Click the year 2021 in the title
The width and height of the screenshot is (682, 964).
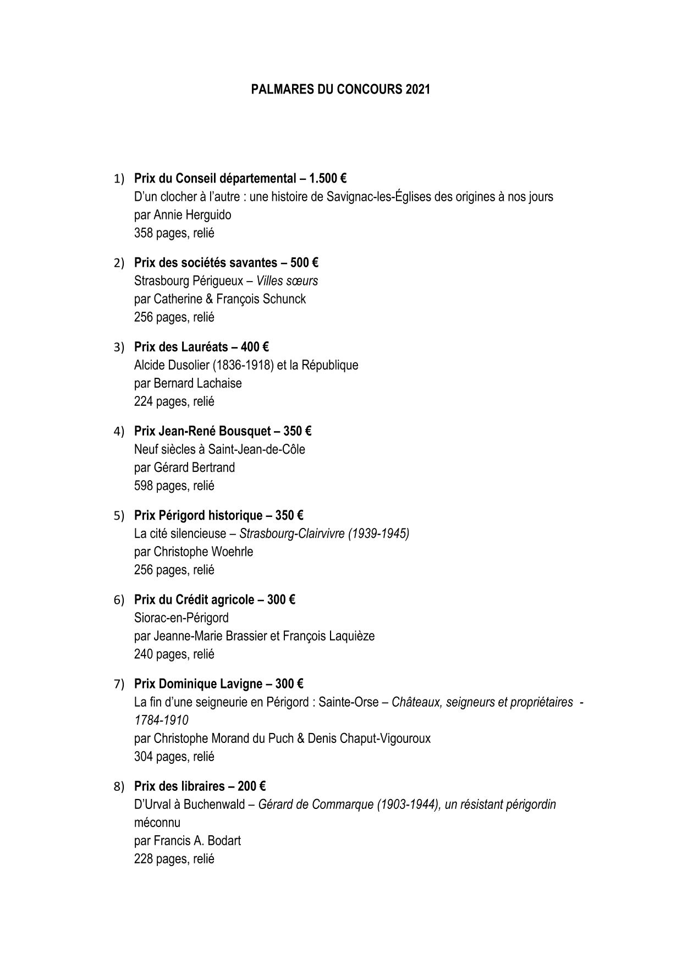pyautogui.click(x=418, y=89)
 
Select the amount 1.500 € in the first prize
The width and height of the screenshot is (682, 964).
pyautogui.click(x=328, y=178)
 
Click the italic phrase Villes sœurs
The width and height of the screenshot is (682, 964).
pyautogui.click(x=287, y=281)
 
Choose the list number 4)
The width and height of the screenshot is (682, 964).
pyautogui.click(x=119, y=432)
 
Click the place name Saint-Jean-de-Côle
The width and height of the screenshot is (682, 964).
pyautogui.click(x=256, y=449)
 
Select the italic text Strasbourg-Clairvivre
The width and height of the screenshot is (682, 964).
pyautogui.click(x=292, y=533)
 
